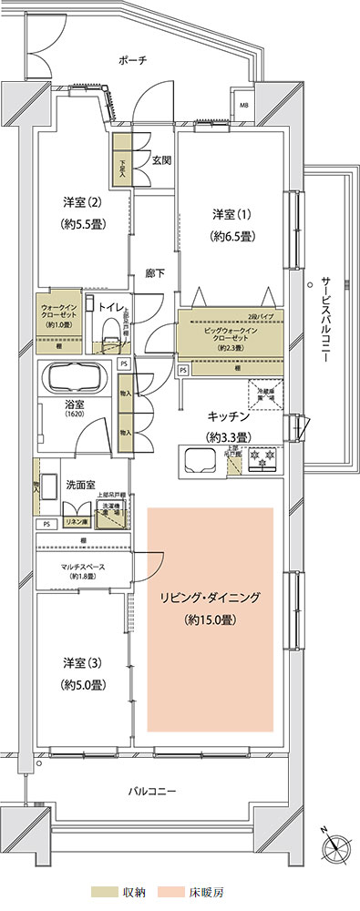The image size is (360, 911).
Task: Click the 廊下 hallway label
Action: coord(155,272)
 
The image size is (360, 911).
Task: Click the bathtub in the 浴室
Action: coord(76,378)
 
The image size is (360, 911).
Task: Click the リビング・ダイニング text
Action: coord(211,599)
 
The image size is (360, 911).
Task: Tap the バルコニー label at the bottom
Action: coord(152,791)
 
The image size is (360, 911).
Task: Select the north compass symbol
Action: coord(334,846)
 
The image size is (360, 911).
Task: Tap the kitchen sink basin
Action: coord(198,457)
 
